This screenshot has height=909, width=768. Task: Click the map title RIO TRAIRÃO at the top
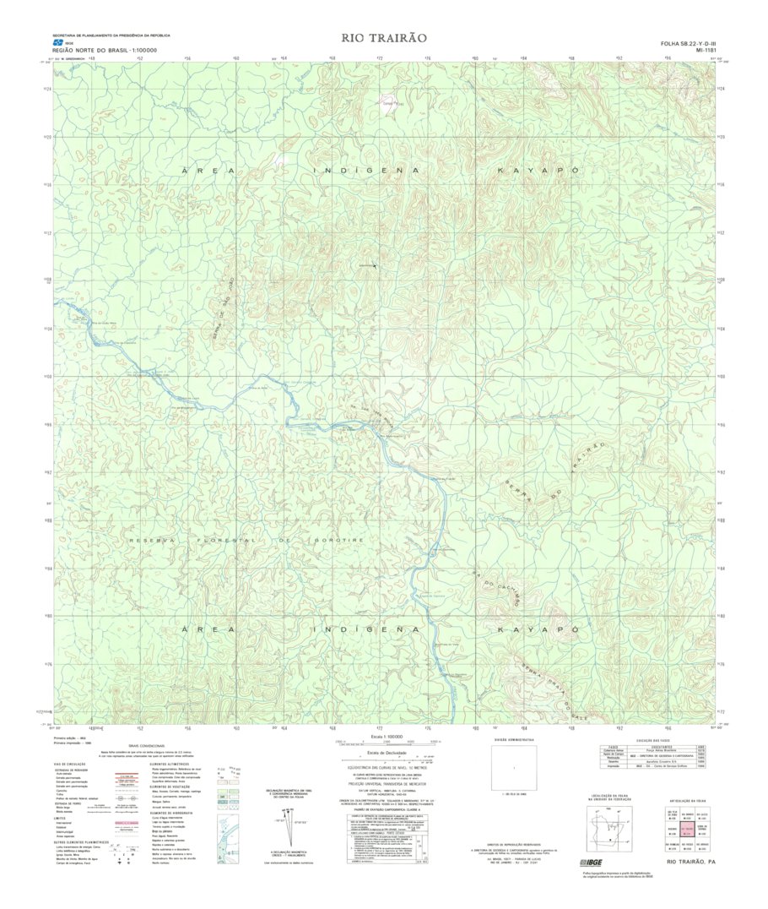click(x=384, y=38)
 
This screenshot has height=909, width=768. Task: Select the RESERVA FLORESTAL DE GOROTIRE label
click(x=246, y=539)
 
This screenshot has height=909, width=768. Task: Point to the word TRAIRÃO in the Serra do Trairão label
click(x=591, y=459)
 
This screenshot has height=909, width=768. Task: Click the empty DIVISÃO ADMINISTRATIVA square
click(x=514, y=767)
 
